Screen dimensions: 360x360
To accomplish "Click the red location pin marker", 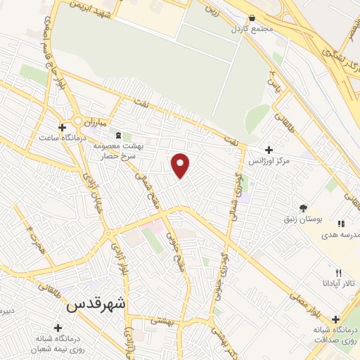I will [x=181, y=165].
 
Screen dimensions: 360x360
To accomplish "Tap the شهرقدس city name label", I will [x=98, y=306].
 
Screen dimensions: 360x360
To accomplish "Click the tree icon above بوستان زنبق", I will [x=303, y=208].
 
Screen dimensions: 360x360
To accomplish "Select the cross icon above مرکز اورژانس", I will [x=268, y=150].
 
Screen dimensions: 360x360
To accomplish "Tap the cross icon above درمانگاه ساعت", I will [x=63, y=127].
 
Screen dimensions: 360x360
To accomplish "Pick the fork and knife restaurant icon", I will [x=338, y=273].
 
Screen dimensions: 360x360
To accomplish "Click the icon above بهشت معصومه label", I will [x=117, y=134].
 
